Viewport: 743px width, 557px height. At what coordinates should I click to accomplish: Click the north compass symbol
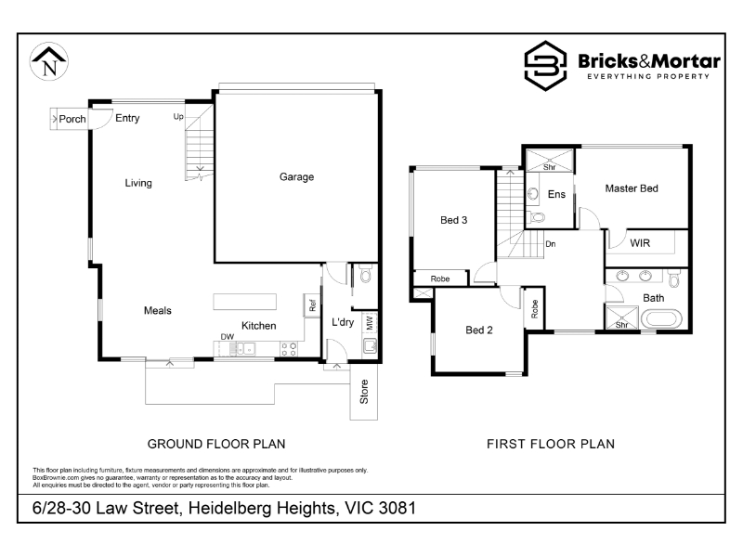[49, 61]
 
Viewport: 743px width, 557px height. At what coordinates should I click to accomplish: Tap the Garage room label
[296, 177]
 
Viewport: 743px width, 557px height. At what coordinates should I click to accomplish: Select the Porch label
[72, 119]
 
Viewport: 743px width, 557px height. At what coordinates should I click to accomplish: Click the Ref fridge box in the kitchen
[312, 305]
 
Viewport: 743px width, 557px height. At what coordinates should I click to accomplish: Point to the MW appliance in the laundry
[370, 323]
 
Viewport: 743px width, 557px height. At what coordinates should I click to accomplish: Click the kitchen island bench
[244, 302]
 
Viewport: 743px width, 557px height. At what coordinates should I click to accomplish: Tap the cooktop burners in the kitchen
[289, 349]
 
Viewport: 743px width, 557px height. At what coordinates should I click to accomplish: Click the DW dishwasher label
[228, 337]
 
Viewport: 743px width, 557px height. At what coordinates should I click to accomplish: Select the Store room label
[364, 392]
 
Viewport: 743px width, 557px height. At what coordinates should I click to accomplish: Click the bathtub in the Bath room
[661, 318]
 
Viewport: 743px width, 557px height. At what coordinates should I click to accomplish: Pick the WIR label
[640, 243]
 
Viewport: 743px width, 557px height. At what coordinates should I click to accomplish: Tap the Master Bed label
[632, 188]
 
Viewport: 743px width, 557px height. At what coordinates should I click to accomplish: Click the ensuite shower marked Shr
[550, 160]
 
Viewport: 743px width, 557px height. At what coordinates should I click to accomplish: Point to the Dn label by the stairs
[550, 244]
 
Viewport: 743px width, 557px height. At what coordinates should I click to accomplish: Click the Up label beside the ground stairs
[178, 117]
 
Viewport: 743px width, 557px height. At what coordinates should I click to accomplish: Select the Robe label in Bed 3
[440, 279]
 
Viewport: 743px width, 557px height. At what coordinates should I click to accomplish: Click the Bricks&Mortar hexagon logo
[545, 66]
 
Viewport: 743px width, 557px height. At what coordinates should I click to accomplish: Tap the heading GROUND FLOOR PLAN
[216, 445]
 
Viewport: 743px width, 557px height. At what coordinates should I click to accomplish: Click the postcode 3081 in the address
[398, 508]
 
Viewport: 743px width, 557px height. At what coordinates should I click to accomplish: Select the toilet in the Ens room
[537, 218]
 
